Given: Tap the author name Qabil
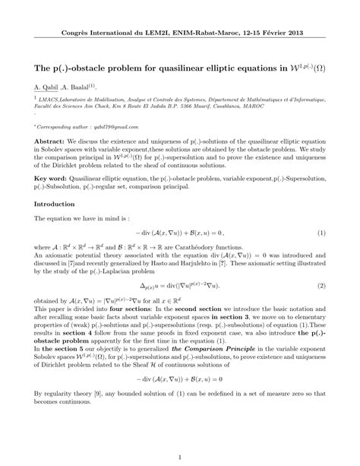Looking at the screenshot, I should coord(49,86).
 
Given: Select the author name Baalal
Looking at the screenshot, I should coord(80,86).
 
